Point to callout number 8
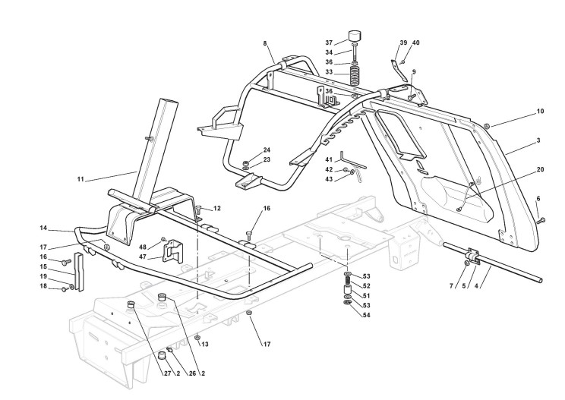click(264, 44)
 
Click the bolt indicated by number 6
click(542, 220)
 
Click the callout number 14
click(43, 227)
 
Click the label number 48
click(143, 247)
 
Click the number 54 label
click(367, 314)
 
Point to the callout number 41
click(330, 159)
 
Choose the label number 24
click(267, 150)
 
